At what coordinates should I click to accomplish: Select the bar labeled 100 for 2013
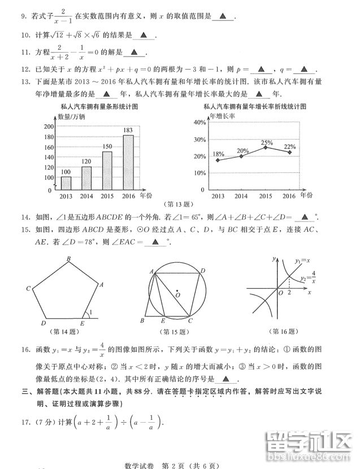pyautogui.click(x=66, y=184)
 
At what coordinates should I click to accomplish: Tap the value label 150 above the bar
pyautogui.click(x=107, y=147)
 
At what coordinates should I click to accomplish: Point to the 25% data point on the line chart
pyautogui.click(x=266, y=148)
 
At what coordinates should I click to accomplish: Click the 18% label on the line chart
pyautogui.click(x=218, y=154)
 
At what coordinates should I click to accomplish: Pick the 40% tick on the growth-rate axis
pyautogui.click(x=200, y=122)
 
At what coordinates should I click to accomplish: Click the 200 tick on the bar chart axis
pyautogui.click(x=47, y=126)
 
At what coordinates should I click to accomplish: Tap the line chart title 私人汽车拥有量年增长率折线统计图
pyautogui.click(x=255, y=106)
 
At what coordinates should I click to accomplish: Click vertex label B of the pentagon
pyautogui.click(x=68, y=259)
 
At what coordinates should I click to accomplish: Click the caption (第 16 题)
pyautogui.click(x=287, y=332)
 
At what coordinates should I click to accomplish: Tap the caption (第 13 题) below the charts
pyautogui.click(x=178, y=204)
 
